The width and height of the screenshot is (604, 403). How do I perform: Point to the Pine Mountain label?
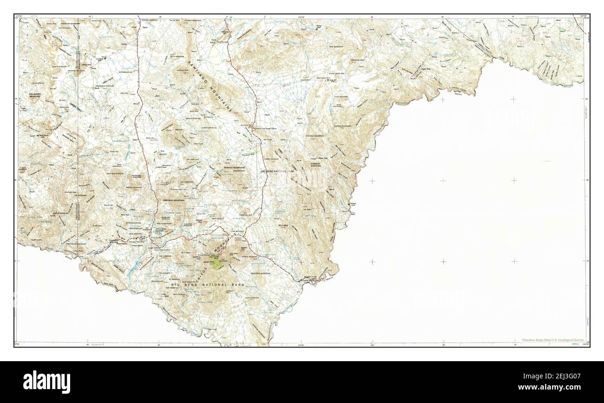point(336,47)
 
